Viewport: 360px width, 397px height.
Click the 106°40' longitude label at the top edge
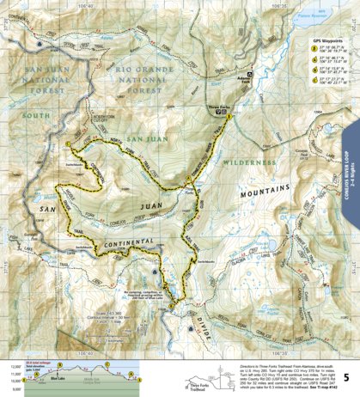(87, 4)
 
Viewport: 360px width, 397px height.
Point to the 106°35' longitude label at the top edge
(267, 4)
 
